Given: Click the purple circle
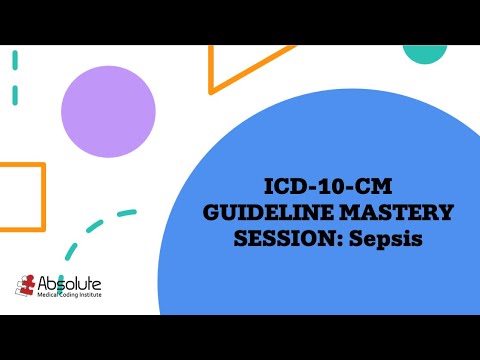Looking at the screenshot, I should point(108,111).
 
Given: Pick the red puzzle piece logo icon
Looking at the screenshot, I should point(27,286).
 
